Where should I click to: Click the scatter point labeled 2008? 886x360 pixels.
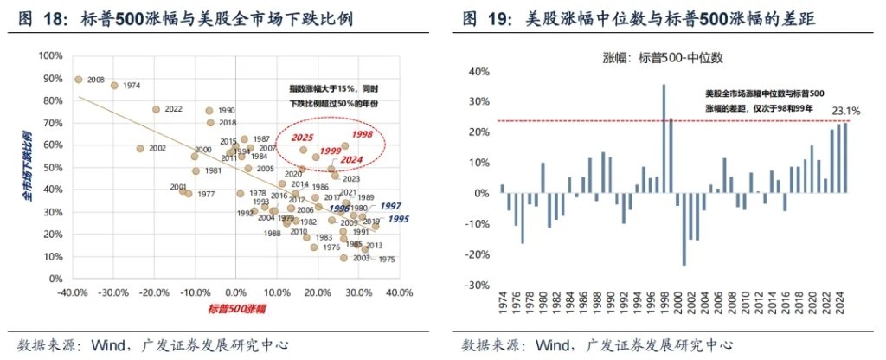pyautogui.click(x=78, y=79)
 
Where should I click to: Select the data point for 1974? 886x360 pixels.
pyautogui.click(x=113, y=86)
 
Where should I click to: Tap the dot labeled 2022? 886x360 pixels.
pyautogui.click(x=156, y=110)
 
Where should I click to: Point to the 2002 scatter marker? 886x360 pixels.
pyautogui.click(x=140, y=148)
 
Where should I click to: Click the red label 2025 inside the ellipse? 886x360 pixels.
pyautogui.click(x=302, y=138)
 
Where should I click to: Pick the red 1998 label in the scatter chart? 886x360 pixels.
pyautogui.click(x=362, y=135)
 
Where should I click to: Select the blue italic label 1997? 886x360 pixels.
pyautogui.click(x=390, y=207)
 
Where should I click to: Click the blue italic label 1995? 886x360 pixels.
pyautogui.click(x=398, y=220)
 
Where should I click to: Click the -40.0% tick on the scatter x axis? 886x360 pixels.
pyautogui.click(x=72, y=292)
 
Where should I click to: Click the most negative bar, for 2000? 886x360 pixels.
pyautogui.click(x=684, y=228)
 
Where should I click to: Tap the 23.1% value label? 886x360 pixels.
pyautogui.click(x=844, y=111)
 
